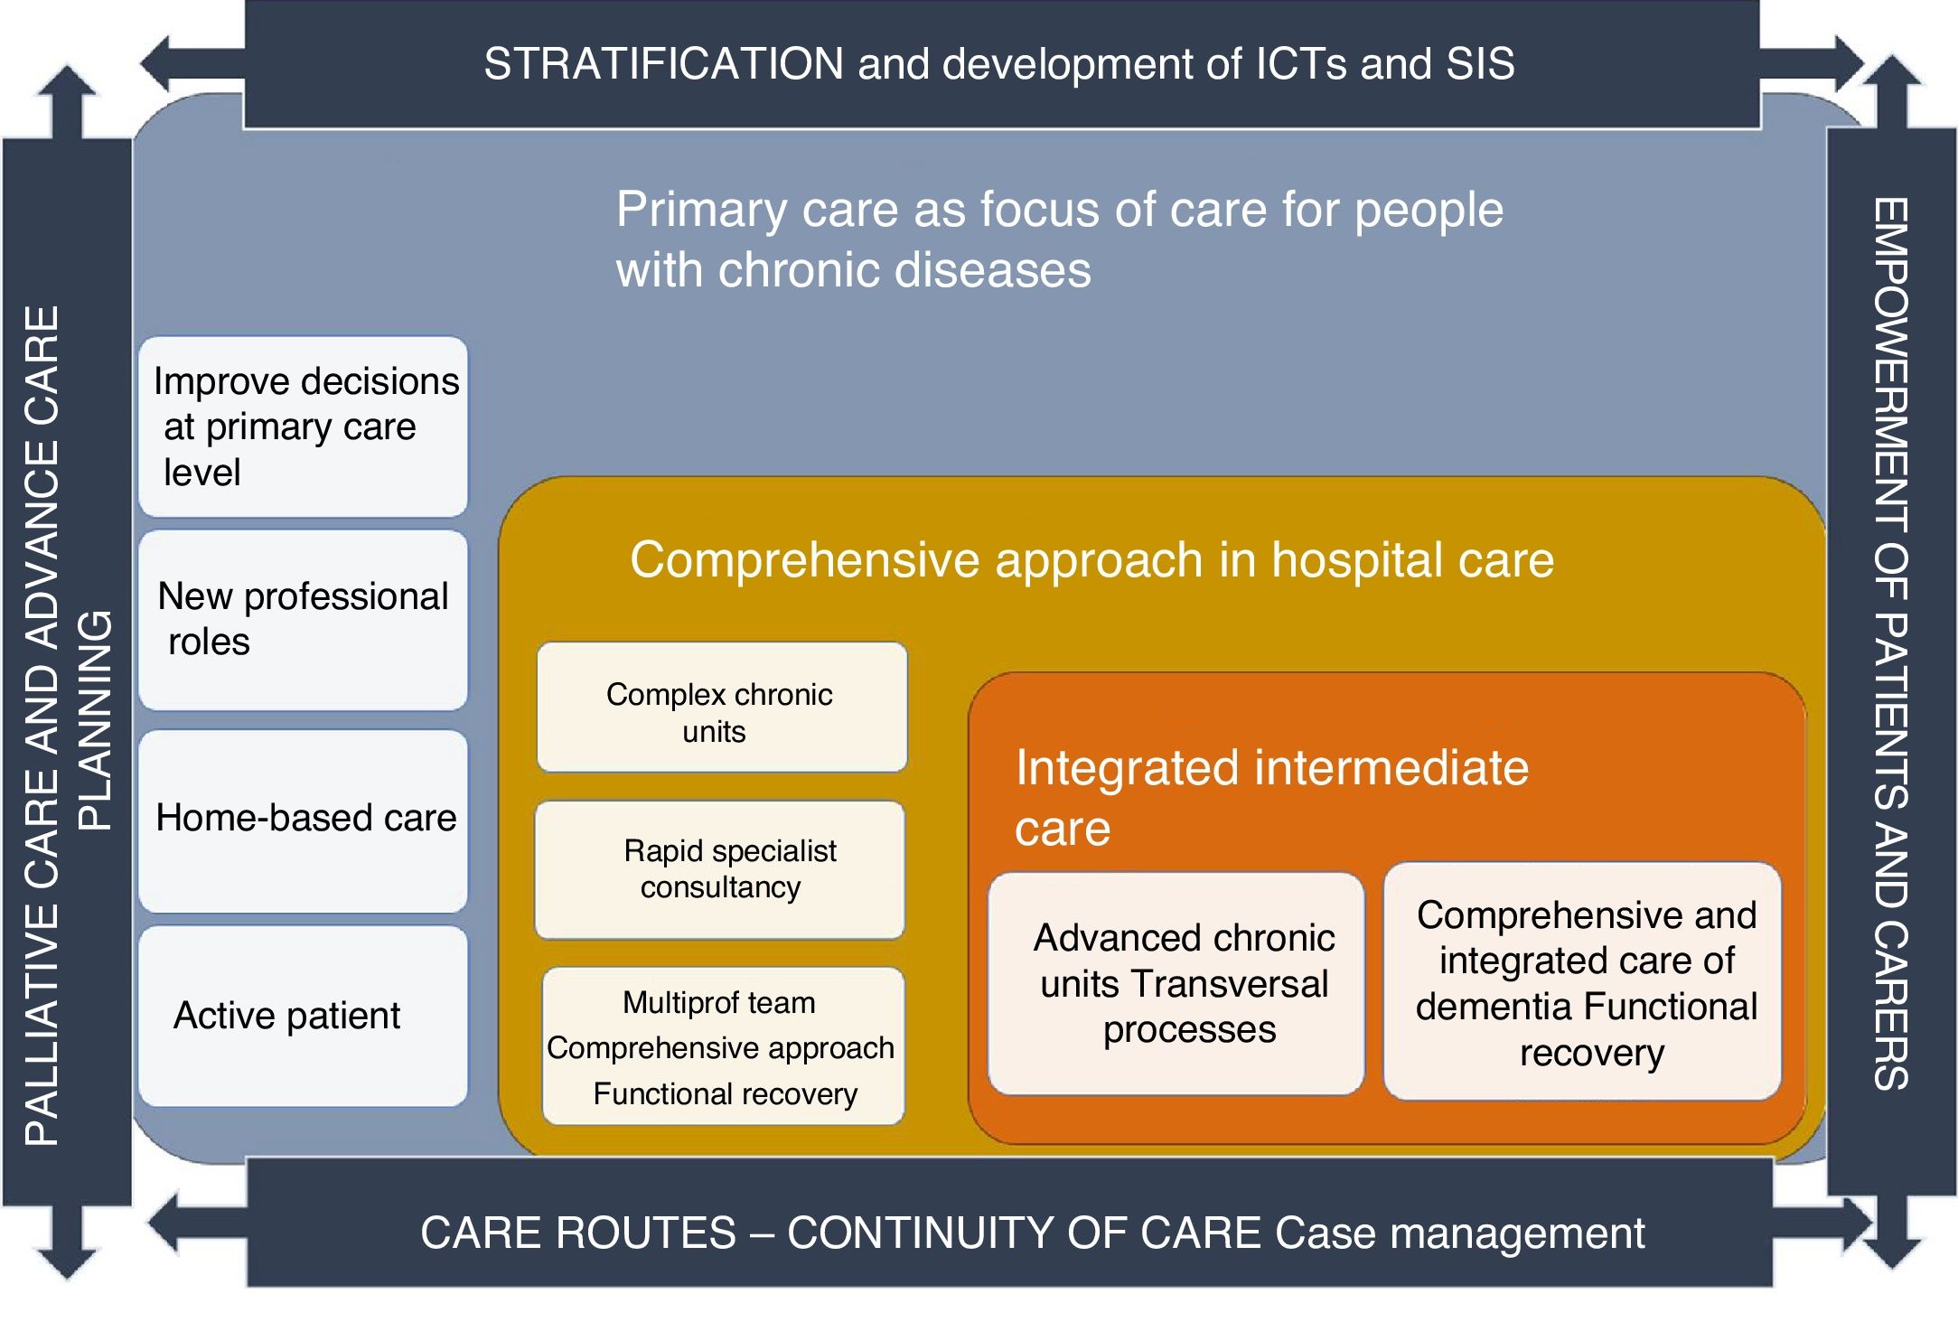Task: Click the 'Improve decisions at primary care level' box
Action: pos(304,427)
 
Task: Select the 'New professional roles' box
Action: pos(304,620)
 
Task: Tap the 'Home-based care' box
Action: pos(304,819)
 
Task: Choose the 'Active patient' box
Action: pos(304,1016)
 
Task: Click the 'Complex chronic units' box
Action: pos(721,708)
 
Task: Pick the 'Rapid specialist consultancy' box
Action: pos(720,869)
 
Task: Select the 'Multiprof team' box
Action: pos(722,1046)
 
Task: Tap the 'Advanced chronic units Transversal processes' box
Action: pos(1176,983)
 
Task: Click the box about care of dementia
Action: pos(1583,982)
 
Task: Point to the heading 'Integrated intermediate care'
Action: pos(1270,797)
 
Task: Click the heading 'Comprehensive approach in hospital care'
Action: pos(1091,560)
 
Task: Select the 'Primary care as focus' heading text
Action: pos(1059,239)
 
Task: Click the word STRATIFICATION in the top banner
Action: pos(663,64)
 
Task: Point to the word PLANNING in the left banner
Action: pos(94,720)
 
